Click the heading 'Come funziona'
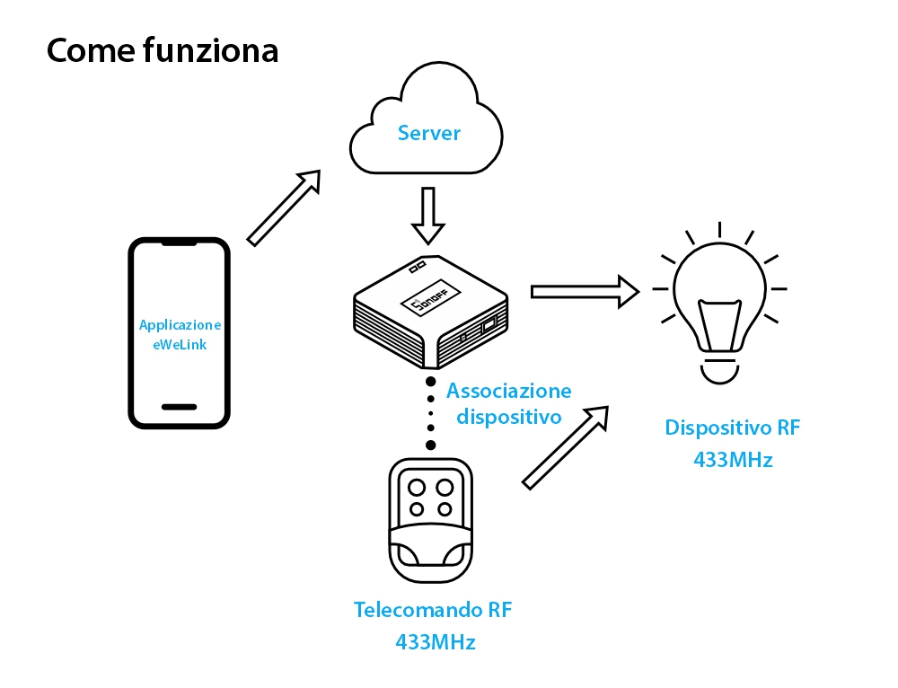pos(163,51)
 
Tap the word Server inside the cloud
pos(429,134)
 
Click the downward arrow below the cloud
pos(428,216)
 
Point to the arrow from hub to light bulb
pos(584,291)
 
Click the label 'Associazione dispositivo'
pos(508,403)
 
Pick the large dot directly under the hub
pos(431,384)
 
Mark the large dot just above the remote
pos(431,445)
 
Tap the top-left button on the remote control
pos(417,487)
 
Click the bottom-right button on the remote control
pos(445,508)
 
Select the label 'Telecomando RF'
pos(433,611)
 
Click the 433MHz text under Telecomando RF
pos(435,642)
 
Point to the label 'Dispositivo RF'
pos(732,428)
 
